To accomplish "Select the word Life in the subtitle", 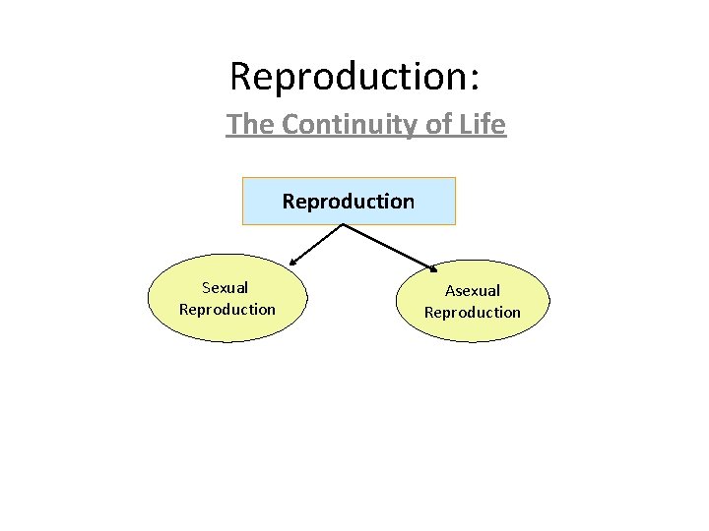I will (483, 125).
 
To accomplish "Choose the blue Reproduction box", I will (349, 202).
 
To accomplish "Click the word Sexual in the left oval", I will (225, 288).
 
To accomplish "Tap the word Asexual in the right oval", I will (473, 291).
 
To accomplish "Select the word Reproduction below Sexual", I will (227, 310).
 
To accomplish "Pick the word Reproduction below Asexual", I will (473, 313).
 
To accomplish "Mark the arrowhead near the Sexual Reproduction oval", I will (292, 263).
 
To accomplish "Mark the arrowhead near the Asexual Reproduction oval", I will (435, 266).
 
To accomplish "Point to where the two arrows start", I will (342, 225).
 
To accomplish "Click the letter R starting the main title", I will (240, 76).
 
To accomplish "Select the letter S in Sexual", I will (206, 288).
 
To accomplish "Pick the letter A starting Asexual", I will (450, 291).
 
